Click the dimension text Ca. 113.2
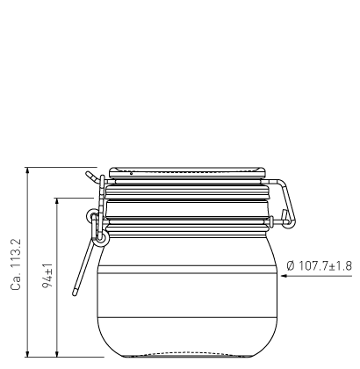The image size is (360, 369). point(16,264)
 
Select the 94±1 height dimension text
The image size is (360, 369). point(47,276)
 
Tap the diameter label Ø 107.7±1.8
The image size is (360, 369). point(320,266)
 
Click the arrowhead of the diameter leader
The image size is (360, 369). point(284,276)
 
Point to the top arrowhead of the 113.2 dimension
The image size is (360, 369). point(27,170)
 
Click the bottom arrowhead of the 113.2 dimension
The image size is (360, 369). point(27,353)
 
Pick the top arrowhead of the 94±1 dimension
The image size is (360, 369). point(57,201)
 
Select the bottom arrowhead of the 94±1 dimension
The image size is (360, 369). point(57,353)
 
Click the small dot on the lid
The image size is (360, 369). point(131,174)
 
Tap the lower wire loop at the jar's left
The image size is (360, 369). point(101,237)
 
